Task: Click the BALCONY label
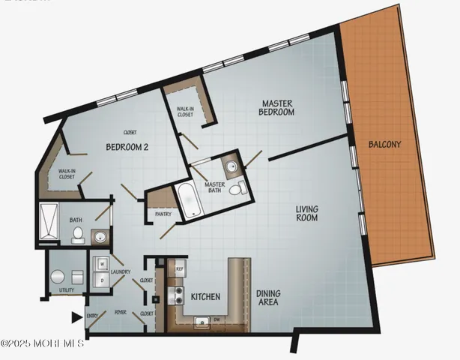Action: [x=385, y=144]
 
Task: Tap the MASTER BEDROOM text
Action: [x=277, y=107]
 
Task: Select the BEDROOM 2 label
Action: [x=127, y=147]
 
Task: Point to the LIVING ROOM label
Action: [x=306, y=213]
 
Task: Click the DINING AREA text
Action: [x=267, y=298]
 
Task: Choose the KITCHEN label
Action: [x=205, y=297]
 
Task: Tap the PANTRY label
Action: [x=163, y=214]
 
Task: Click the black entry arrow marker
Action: [x=76, y=318]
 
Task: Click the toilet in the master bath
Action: [x=235, y=191]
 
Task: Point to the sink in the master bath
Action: [x=231, y=166]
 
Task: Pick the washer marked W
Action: [x=101, y=264]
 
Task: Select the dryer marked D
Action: [x=101, y=281]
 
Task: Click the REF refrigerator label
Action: [x=180, y=268]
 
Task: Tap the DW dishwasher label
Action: [x=217, y=319]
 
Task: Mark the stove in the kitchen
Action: [x=178, y=294]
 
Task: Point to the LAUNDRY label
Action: [x=121, y=272]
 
